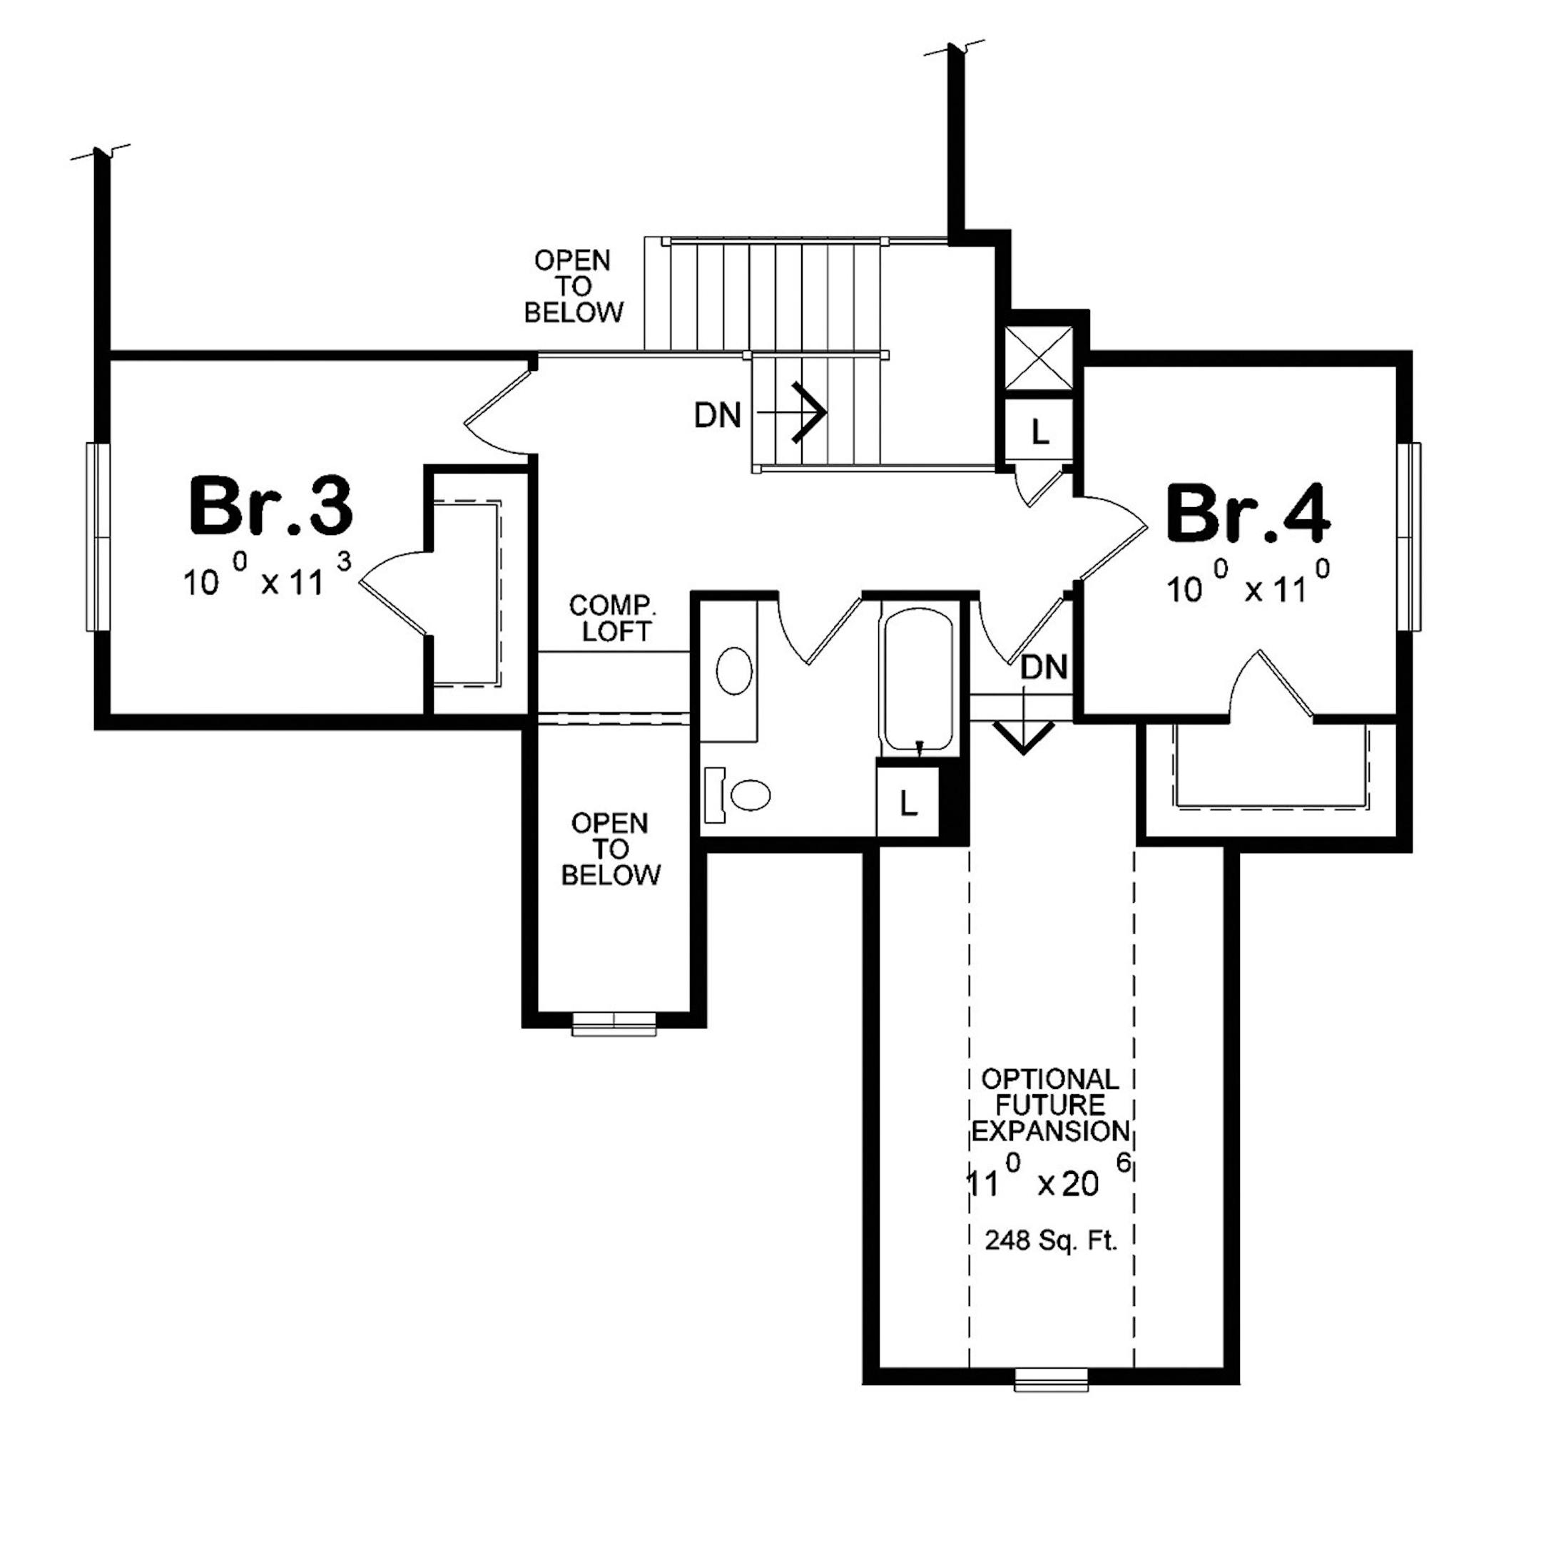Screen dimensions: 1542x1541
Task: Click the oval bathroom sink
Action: [734, 670]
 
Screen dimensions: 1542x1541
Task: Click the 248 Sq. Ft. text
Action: [1051, 1240]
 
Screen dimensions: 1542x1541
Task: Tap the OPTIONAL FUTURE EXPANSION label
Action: [1050, 1106]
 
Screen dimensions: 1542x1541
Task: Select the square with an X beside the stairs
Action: [1039, 357]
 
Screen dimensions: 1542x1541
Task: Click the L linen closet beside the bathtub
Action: [907, 804]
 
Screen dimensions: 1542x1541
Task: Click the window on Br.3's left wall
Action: [98, 537]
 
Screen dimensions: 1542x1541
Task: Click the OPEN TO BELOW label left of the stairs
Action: [574, 286]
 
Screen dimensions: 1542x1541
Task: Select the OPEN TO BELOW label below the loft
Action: [610, 849]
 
